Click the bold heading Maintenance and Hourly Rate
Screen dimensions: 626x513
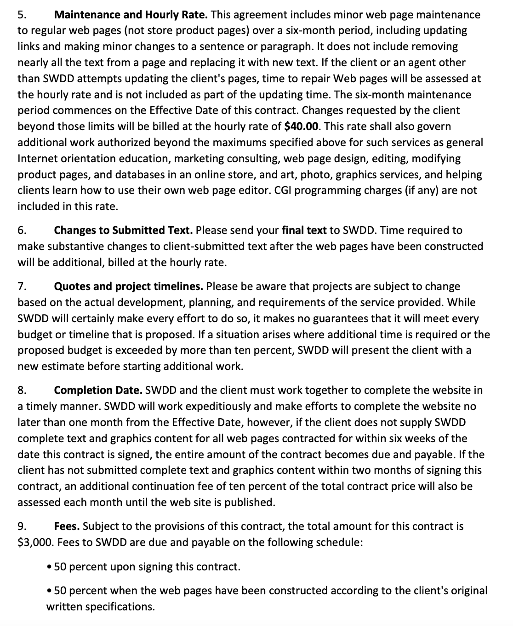(131, 15)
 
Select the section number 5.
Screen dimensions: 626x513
(22, 15)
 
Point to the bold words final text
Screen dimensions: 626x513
(304, 230)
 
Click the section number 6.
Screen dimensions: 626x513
(22, 230)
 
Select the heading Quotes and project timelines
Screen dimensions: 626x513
(128, 287)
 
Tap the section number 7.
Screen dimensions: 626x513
(22, 287)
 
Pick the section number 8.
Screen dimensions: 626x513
(22, 391)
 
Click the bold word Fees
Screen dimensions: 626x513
(67, 526)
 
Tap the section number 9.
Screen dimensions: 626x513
(22, 526)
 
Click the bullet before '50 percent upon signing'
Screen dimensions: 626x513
(49, 567)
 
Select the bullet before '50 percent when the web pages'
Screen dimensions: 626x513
(49, 591)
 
